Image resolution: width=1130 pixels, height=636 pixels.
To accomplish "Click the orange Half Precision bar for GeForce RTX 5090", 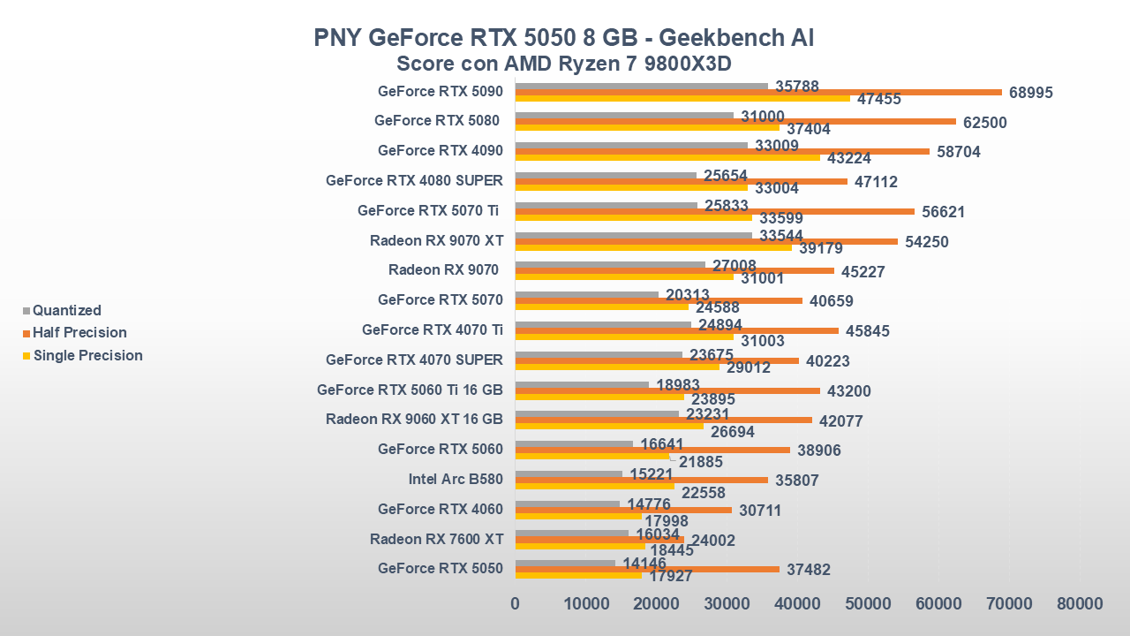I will click(759, 92).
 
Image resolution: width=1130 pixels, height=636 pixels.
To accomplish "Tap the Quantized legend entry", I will click(67, 310).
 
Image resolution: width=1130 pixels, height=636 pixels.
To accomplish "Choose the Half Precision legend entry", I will click(79, 333).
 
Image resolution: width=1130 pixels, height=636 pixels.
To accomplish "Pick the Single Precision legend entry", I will click(87, 355).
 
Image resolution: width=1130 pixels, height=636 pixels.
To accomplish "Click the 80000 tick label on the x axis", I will click(1080, 603).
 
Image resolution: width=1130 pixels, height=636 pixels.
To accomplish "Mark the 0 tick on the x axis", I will click(516, 603).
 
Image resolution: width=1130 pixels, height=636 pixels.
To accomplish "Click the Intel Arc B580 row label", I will click(456, 480).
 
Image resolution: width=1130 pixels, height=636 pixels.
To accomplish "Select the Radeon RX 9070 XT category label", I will click(436, 240).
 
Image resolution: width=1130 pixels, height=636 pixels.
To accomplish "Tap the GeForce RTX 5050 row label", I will click(441, 569).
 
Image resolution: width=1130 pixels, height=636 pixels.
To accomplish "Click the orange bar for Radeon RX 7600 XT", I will click(599, 540).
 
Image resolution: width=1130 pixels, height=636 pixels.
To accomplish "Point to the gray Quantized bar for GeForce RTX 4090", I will click(631, 145).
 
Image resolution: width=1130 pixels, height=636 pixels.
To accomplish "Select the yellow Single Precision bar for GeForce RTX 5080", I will click(647, 128).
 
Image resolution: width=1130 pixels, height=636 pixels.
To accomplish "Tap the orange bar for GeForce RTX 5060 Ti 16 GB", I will click(667, 390).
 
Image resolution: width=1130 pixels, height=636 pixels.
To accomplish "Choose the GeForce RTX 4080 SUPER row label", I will click(414, 181).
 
